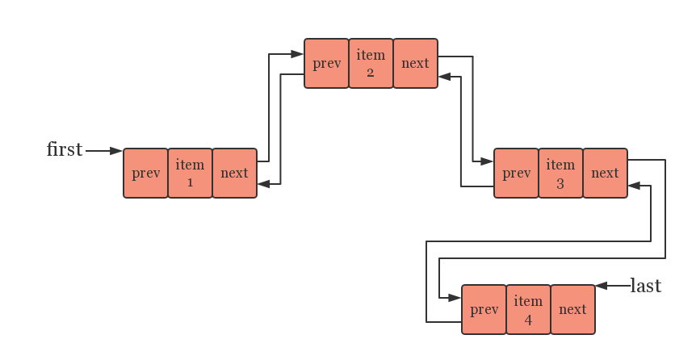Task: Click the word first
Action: [65, 149]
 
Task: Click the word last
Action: [646, 286]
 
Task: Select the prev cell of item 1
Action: [145, 173]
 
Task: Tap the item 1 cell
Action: [190, 173]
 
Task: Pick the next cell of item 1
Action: [235, 173]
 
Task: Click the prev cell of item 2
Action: [327, 63]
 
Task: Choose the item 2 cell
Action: [371, 63]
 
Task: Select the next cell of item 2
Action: [416, 63]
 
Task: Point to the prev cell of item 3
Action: [516, 173]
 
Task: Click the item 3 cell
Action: [560, 173]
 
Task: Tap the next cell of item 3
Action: [606, 173]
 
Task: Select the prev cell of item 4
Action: [484, 309]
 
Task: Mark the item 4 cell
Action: [529, 309]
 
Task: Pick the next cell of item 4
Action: [573, 309]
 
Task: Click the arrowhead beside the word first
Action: [115, 151]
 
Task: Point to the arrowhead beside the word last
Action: [602, 286]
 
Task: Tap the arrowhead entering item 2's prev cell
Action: [297, 54]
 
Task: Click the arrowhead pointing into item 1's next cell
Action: [264, 184]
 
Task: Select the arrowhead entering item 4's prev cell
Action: [455, 298]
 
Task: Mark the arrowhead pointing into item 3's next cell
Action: [635, 186]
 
